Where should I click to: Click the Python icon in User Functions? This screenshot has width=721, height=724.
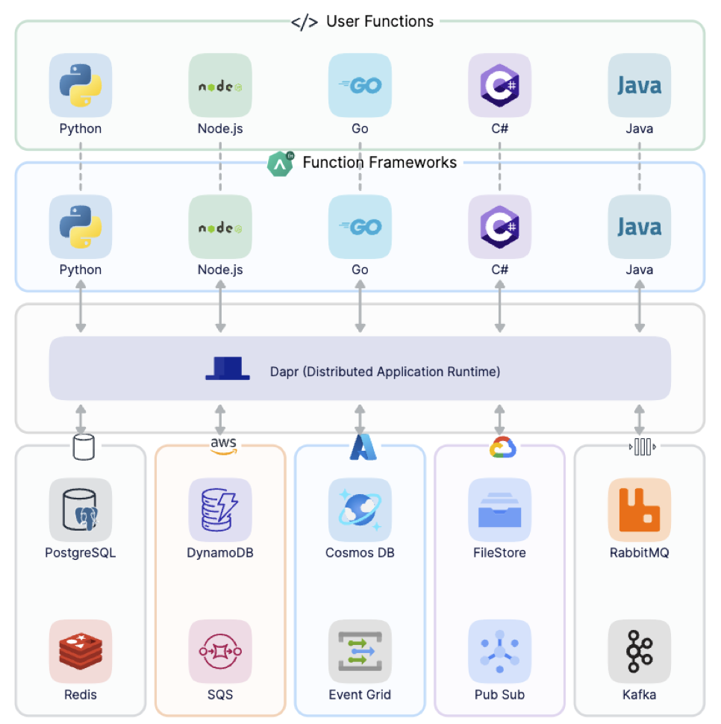[81, 85]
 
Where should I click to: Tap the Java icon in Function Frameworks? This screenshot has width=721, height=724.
[639, 227]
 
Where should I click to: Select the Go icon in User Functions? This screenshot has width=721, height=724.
[360, 85]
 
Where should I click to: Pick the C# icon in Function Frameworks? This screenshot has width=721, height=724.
[499, 227]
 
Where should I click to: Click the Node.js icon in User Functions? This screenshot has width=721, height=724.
[220, 85]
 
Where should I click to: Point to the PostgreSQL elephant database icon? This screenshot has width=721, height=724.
[81, 510]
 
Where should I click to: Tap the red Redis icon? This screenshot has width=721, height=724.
[81, 651]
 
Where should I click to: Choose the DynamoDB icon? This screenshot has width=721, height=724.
[220, 510]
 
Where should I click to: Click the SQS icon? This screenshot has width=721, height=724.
[220, 651]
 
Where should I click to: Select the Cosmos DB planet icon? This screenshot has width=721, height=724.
[360, 510]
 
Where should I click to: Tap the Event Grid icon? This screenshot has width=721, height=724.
[360, 651]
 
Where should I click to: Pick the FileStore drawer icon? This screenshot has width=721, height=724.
[499, 510]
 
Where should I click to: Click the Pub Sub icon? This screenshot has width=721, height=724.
[499, 651]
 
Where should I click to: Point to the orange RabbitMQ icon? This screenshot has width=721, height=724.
[639, 510]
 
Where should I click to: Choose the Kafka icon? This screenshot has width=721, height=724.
[639, 651]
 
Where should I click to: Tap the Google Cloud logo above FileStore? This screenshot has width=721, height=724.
[499, 448]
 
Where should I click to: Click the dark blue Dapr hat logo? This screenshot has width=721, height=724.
[228, 369]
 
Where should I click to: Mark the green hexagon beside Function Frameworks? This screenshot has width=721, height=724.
[280, 163]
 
